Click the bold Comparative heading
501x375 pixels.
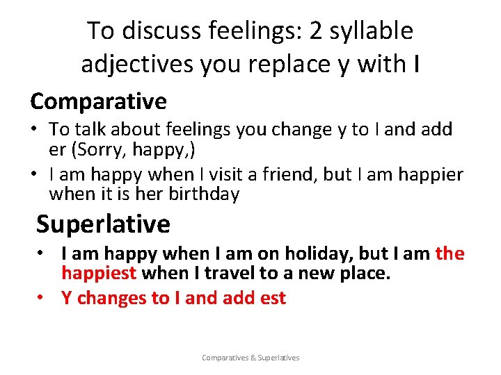coord(98,101)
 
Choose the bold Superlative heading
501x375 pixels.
coord(103,224)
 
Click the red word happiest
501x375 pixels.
coord(99,274)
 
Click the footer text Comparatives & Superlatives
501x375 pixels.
coord(250,358)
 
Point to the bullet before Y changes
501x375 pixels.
coord(41,298)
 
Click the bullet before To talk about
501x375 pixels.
coord(34,129)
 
